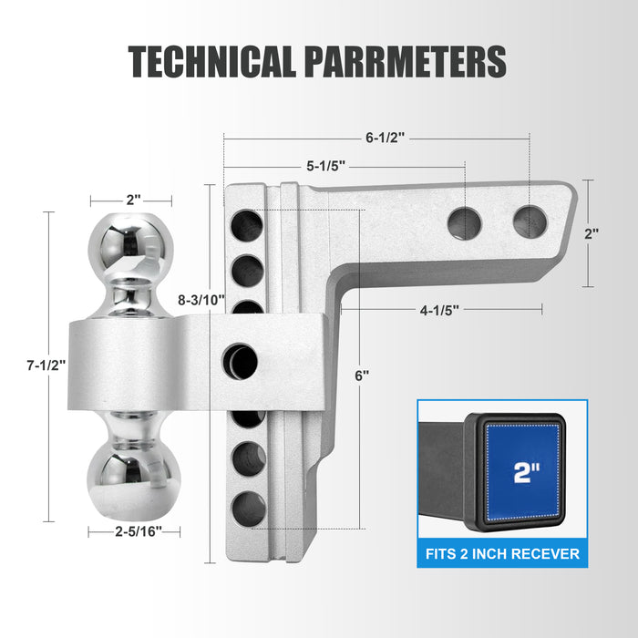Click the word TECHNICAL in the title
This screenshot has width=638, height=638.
pyautogui.click(x=211, y=61)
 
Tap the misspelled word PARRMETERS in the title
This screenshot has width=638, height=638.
pyautogui.click(x=406, y=61)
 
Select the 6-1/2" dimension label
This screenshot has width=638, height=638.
pyautogui.click(x=385, y=138)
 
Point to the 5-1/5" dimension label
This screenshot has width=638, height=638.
pyautogui.click(x=326, y=166)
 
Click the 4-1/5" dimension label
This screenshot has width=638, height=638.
pyautogui.click(x=439, y=311)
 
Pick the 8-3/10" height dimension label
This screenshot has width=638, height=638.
pyautogui.click(x=201, y=300)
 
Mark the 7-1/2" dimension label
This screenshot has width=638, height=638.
pyautogui.click(x=46, y=365)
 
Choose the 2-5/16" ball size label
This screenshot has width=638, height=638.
pyautogui.click(x=139, y=531)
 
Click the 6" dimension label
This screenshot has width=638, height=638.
pyautogui.click(x=362, y=376)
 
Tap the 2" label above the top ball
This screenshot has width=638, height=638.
pyautogui.click(x=133, y=200)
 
